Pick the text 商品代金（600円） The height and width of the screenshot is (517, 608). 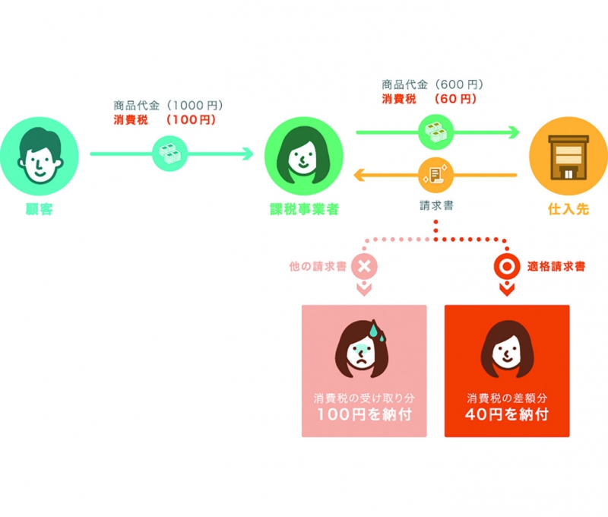432,84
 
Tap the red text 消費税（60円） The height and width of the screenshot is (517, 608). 429,99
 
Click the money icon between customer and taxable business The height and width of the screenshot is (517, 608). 169,154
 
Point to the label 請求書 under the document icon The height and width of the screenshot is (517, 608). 435,205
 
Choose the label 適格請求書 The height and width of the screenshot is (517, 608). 556,267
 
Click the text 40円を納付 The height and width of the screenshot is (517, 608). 507,415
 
